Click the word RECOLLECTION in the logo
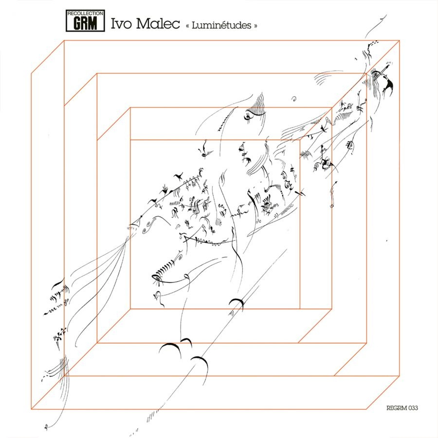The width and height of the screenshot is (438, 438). pyautogui.click(x=85, y=13)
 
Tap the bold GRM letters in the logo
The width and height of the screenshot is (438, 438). pyautogui.click(x=85, y=23)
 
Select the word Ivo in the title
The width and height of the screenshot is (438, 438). pyautogui.click(x=121, y=23)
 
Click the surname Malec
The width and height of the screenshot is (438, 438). pyautogui.click(x=158, y=23)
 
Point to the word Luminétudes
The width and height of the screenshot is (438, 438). pyautogui.click(x=221, y=25)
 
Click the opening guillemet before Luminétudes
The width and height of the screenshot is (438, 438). pyautogui.click(x=188, y=26)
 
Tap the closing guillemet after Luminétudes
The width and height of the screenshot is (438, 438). pyautogui.click(x=255, y=26)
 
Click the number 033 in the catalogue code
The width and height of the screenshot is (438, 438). pyautogui.click(x=413, y=408)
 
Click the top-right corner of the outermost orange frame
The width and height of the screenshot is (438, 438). pyautogui.click(x=400, y=40)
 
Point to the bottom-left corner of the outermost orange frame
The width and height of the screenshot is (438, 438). pyautogui.click(x=31, y=409)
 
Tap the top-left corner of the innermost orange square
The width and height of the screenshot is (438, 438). pyautogui.click(x=130, y=140)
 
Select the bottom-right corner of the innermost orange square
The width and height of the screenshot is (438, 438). pyautogui.click(x=300, y=309)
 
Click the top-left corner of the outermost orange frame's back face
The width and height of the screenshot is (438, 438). pyautogui.click(x=64, y=40)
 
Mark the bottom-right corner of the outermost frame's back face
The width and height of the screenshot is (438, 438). pyautogui.click(x=400, y=376)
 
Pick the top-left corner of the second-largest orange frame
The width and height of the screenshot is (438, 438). pyautogui.click(x=97, y=73)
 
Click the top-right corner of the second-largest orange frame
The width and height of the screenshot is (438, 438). pyautogui.click(x=366, y=73)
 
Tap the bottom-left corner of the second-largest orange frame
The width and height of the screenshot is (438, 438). pyautogui.click(x=97, y=343)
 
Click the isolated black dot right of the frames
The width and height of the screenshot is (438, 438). pyautogui.click(x=386, y=240)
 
